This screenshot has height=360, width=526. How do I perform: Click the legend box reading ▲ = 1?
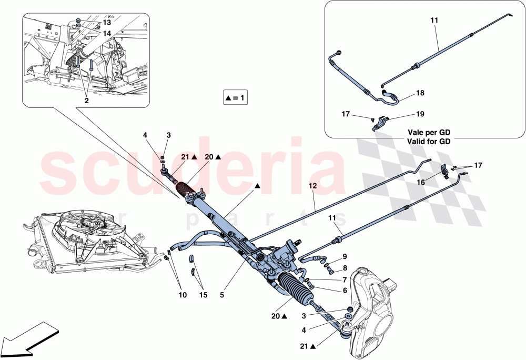(235, 97)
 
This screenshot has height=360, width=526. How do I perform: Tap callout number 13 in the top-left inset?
(107, 23)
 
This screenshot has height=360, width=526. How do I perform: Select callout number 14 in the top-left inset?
(107, 33)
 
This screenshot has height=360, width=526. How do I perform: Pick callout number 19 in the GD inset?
(420, 114)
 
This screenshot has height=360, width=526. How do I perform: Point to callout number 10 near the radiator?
(182, 295)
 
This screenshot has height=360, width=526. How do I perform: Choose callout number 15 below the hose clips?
(203, 295)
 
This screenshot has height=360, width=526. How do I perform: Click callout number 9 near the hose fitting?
(345, 256)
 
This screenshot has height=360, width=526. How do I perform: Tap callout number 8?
(345, 267)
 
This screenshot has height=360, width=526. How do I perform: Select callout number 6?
(345, 290)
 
